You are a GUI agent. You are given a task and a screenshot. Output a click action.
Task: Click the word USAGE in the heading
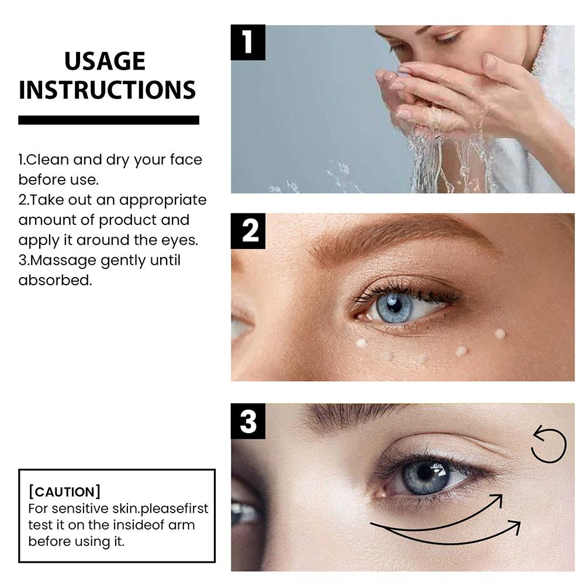[105, 61]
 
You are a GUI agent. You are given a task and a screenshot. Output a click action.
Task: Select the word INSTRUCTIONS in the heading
[107, 90]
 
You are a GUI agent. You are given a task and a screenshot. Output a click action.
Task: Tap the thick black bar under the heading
[109, 120]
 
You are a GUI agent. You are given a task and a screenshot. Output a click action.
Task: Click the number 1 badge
[248, 42]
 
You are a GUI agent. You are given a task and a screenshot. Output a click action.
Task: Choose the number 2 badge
[248, 231]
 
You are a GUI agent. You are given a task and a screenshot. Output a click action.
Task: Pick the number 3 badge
[248, 421]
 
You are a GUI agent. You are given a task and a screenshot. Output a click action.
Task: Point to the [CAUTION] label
[64, 491]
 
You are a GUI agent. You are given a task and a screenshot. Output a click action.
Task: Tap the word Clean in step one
[46, 160]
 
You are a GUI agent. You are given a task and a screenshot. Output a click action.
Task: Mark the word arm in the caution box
[182, 524]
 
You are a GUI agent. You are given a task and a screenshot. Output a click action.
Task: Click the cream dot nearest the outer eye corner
[499, 334]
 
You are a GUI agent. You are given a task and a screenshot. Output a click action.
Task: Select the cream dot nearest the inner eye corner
[361, 343]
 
